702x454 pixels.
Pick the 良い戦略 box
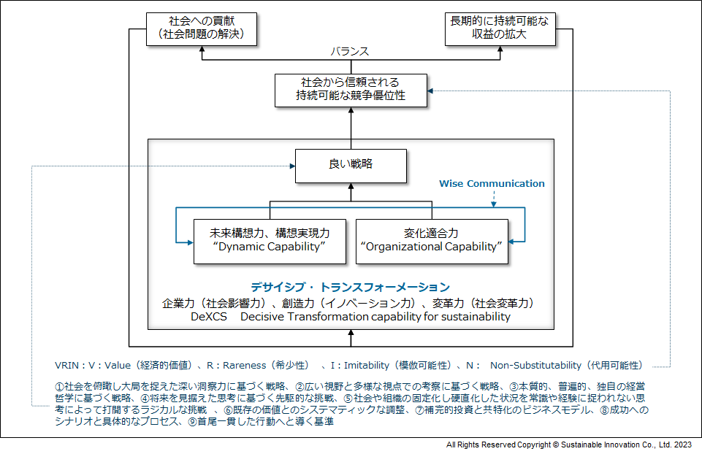351,165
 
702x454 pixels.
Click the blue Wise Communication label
492,183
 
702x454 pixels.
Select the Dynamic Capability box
270,240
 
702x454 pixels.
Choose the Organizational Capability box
432,240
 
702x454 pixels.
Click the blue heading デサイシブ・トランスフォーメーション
351,287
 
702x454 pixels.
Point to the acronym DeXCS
209,317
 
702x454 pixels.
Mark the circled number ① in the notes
60,385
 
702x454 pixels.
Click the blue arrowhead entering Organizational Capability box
512,241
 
